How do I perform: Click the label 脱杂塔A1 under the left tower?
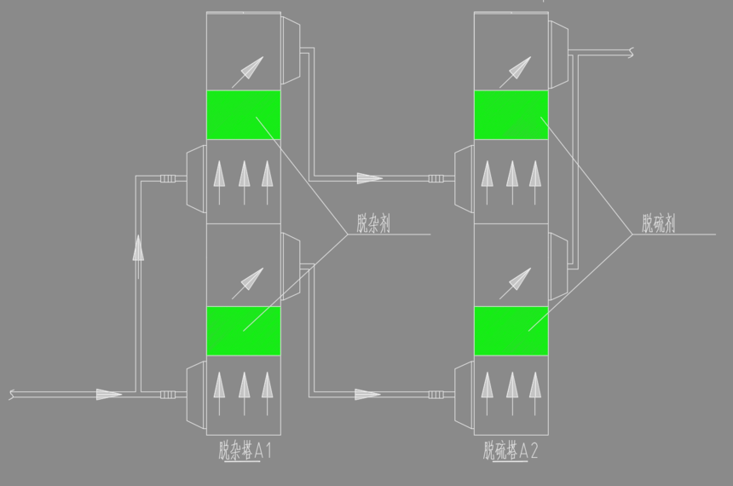pyautogui.click(x=245, y=451)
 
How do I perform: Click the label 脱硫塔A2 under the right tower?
pyautogui.click(x=511, y=451)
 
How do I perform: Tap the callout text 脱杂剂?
pyautogui.click(x=373, y=223)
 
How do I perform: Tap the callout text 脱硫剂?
pyautogui.click(x=658, y=223)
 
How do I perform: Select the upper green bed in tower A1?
pyautogui.click(x=244, y=115)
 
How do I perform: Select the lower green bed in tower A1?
pyautogui.click(x=244, y=331)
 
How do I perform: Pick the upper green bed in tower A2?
pyautogui.click(x=511, y=115)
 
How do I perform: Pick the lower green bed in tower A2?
pyautogui.click(x=511, y=331)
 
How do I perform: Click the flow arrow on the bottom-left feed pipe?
pyautogui.click(x=108, y=394)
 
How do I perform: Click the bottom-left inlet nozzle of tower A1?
pyautogui.click(x=196, y=395)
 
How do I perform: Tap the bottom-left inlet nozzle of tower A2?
pyautogui.click(x=465, y=395)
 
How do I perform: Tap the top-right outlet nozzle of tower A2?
pyautogui.click(x=558, y=55)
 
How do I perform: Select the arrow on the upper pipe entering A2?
pyautogui.click(x=370, y=178)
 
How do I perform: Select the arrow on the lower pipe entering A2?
pyautogui.click(x=367, y=394)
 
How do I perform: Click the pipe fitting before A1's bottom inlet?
pyautogui.click(x=168, y=395)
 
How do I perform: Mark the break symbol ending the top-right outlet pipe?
pyautogui.click(x=631, y=52)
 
